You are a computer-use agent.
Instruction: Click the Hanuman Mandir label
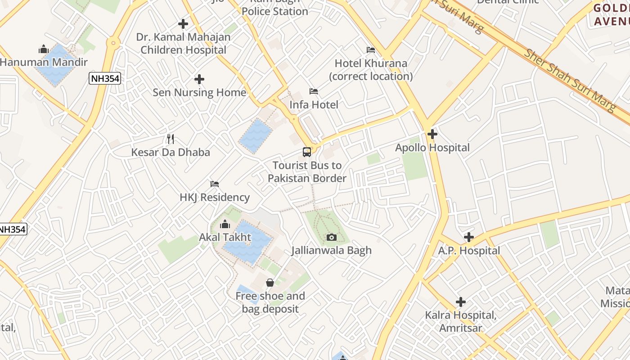pyautogui.click(x=44, y=62)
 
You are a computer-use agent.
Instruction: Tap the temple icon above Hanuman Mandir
pyautogui.click(x=44, y=49)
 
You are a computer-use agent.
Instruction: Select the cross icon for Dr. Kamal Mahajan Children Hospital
pyautogui.click(x=183, y=23)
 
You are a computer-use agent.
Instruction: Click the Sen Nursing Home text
pyautogui.click(x=199, y=93)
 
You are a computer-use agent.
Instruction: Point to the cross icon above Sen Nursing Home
pyautogui.click(x=199, y=80)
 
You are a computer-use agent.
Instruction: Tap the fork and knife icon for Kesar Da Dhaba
pyautogui.click(x=171, y=139)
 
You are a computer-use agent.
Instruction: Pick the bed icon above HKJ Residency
pyautogui.click(x=215, y=184)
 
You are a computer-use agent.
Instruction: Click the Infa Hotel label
pyautogui.click(x=314, y=105)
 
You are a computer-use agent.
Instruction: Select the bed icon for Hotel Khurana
pyautogui.click(x=371, y=49)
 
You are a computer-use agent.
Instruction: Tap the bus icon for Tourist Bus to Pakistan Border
pyautogui.click(x=307, y=152)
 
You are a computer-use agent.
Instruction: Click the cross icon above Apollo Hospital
pyautogui.click(x=432, y=134)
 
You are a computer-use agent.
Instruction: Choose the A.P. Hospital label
pyautogui.click(x=469, y=251)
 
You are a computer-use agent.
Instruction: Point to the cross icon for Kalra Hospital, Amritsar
pyautogui.click(x=461, y=301)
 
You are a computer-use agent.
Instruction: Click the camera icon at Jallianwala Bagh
pyautogui.click(x=332, y=237)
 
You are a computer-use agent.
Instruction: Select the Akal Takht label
pyautogui.click(x=225, y=237)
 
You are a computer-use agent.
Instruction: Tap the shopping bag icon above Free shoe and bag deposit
pyautogui.click(x=270, y=283)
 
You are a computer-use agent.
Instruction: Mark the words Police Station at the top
pyautogui.click(x=275, y=11)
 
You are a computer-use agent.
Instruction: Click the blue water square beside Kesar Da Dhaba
pyautogui.click(x=256, y=135)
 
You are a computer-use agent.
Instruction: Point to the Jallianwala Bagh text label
pyautogui.click(x=332, y=251)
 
